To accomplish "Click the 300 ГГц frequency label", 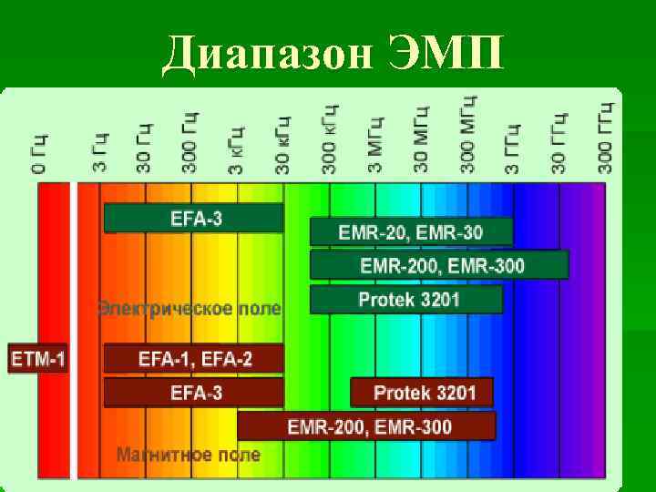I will point(606,137).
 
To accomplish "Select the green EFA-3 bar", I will point(194,218).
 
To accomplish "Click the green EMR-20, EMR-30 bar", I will point(411,231).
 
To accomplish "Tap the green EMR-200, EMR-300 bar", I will point(439,265).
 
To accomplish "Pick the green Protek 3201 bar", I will point(406,299).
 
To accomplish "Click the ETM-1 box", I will point(38,358).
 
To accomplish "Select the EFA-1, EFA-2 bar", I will point(194,358).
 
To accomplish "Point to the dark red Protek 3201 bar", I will point(422,393).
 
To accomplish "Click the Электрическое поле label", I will point(190,308).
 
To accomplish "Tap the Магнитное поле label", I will point(188,454).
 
